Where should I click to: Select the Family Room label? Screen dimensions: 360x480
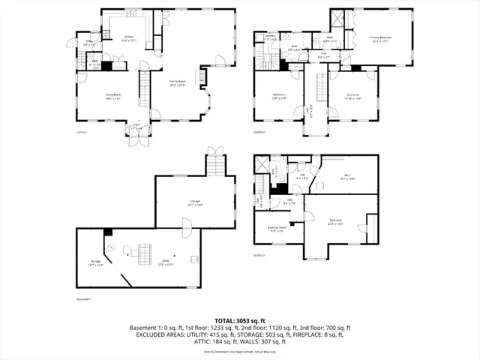pos(177,82)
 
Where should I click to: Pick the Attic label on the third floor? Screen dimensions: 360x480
pos(348,175)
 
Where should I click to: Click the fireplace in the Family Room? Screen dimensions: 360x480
pos(201,76)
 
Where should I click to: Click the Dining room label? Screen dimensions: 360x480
pos(88,43)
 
